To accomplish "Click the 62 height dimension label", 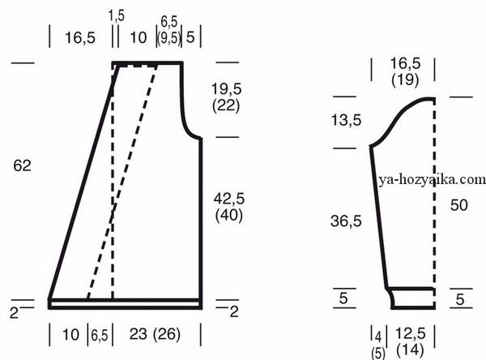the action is [x=23, y=165].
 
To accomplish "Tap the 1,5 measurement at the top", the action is [x=116, y=15].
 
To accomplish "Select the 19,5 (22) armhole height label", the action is [x=226, y=97].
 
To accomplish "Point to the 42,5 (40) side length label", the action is [x=229, y=207].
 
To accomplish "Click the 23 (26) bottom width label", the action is [x=155, y=335].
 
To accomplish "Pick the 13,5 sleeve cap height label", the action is [x=346, y=120].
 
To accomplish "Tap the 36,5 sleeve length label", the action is [x=346, y=221].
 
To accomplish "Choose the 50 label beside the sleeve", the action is [x=458, y=205].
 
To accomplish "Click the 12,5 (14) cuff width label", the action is [x=411, y=341].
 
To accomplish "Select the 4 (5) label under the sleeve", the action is [x=378, y=345].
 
